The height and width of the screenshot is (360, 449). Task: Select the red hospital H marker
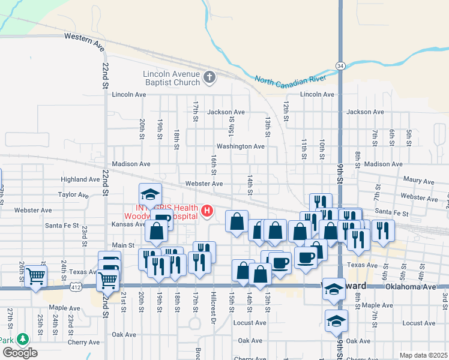pos(207,211)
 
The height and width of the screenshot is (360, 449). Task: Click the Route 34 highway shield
pos(340,65)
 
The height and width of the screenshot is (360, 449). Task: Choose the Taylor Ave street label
pos(73,195)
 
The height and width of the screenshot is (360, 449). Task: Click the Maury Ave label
pos(418,180)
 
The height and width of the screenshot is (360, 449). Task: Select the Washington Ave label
pos(240,146)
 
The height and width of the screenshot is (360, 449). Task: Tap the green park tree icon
pos(23,340)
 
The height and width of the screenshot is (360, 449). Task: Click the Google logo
pos(20,353)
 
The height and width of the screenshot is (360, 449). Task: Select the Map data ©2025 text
pos(423,355)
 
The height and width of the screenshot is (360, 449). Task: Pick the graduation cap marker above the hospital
pos(150,194)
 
